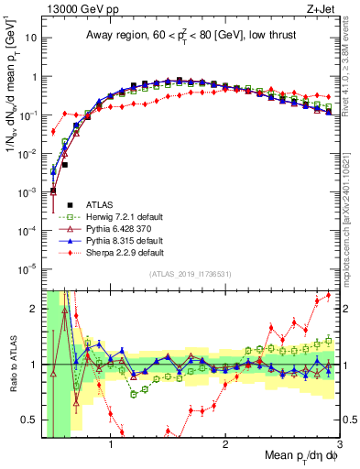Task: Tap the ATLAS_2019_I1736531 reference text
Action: [x=191, y=275]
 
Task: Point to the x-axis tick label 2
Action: [x=225, y=445]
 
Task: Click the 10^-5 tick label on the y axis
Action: [x=29, y=268]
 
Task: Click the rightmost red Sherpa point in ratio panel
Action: [x=329, y=295]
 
